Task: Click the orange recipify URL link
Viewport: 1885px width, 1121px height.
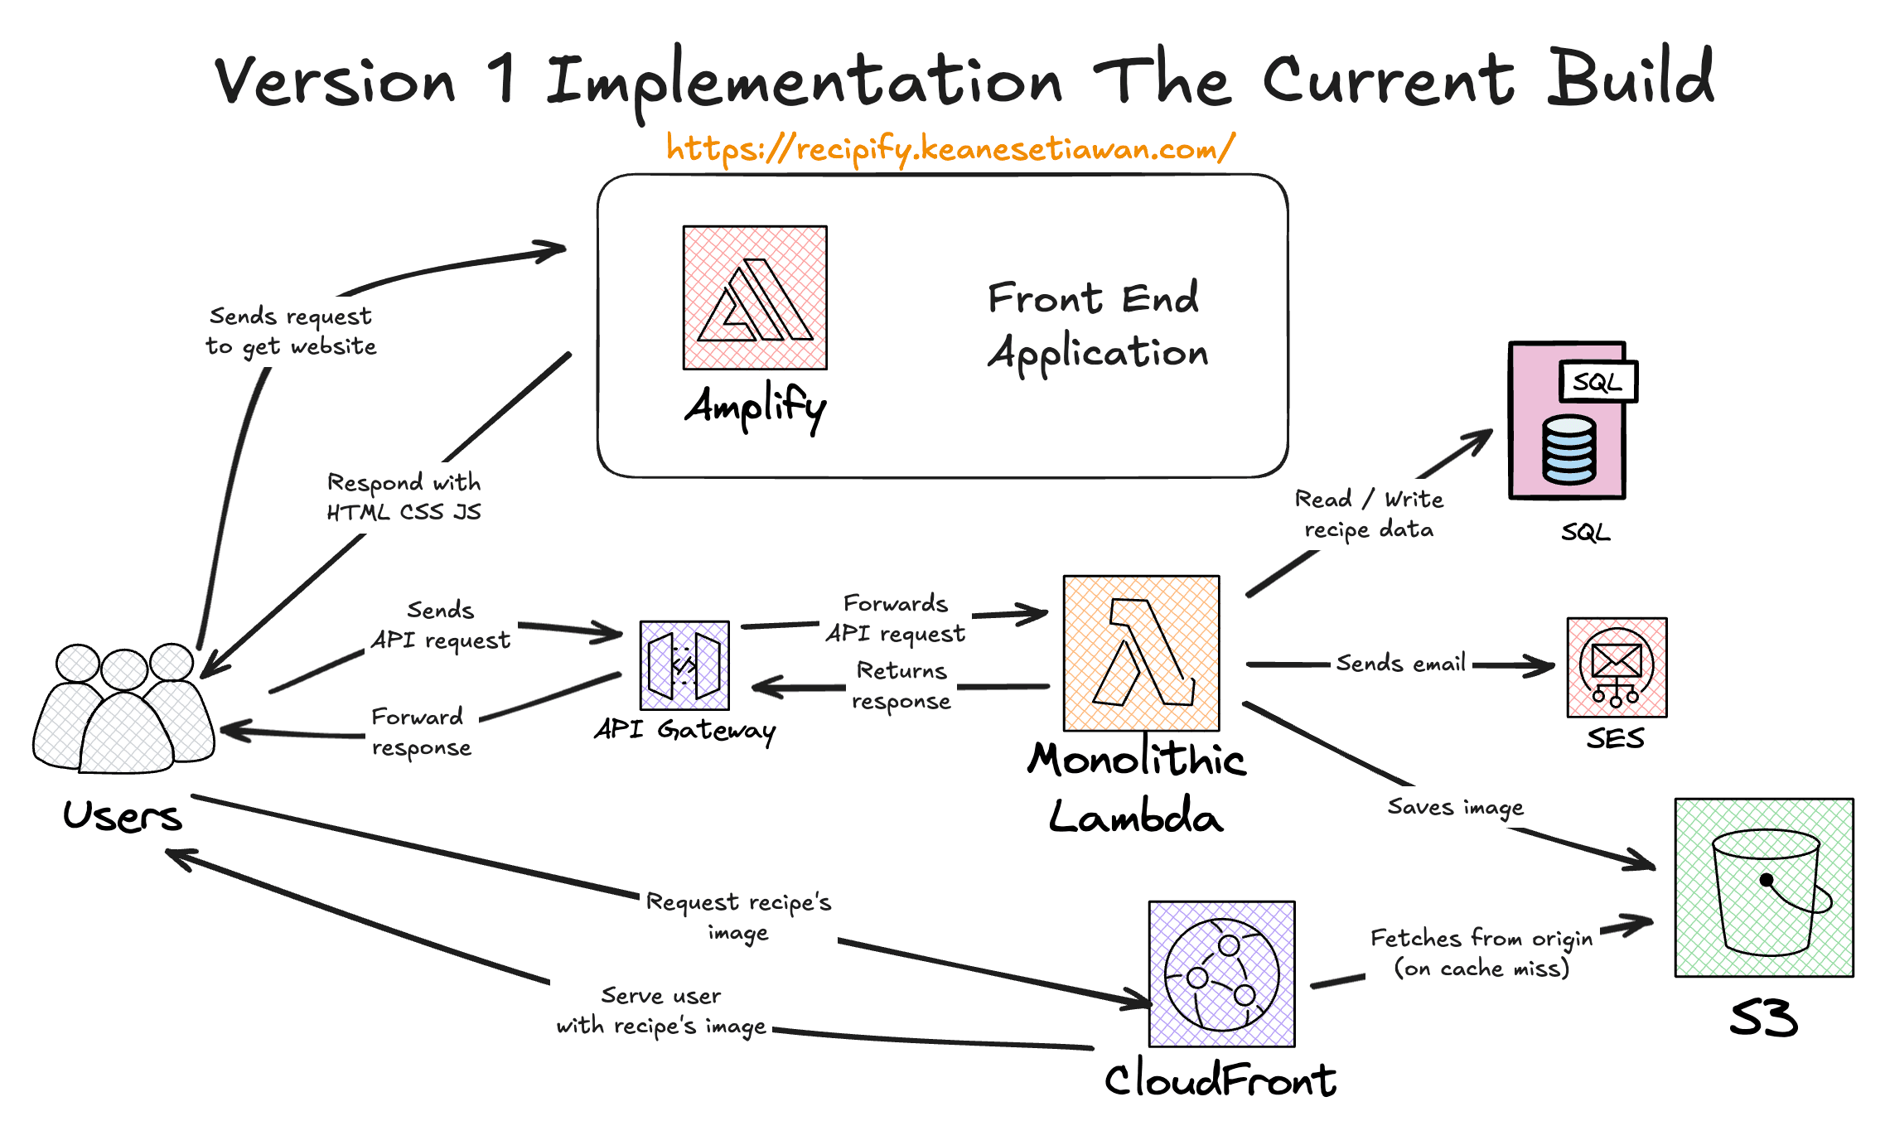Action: (950, 149)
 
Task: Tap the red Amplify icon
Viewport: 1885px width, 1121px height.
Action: (755, 297)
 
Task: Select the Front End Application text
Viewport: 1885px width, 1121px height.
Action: (1097, 325)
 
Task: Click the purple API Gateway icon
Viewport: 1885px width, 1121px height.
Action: (684, 665)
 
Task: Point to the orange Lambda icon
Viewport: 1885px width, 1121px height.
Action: (1141, 653)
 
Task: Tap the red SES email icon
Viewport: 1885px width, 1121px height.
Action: (1617, 667)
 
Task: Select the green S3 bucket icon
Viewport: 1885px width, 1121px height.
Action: (1764, 887)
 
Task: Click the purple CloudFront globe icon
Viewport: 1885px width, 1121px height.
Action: (1221, 974)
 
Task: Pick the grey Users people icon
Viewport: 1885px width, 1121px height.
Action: (124, 708)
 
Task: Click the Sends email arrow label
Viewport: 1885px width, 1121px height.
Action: (1400, 664)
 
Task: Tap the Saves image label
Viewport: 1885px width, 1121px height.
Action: (1455, 807)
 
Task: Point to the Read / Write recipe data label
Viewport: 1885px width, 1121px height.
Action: (1369, 514)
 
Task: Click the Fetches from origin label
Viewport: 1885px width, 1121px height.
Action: (1481, 953)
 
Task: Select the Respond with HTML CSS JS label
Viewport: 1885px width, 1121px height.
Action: (404, 496)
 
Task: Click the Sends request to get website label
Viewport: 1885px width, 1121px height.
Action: (291, 331)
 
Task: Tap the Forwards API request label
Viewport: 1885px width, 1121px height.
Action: (895, 618)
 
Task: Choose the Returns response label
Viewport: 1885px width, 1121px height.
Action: (901, 685)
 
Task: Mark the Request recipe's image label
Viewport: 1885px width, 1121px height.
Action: (738, 916)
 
